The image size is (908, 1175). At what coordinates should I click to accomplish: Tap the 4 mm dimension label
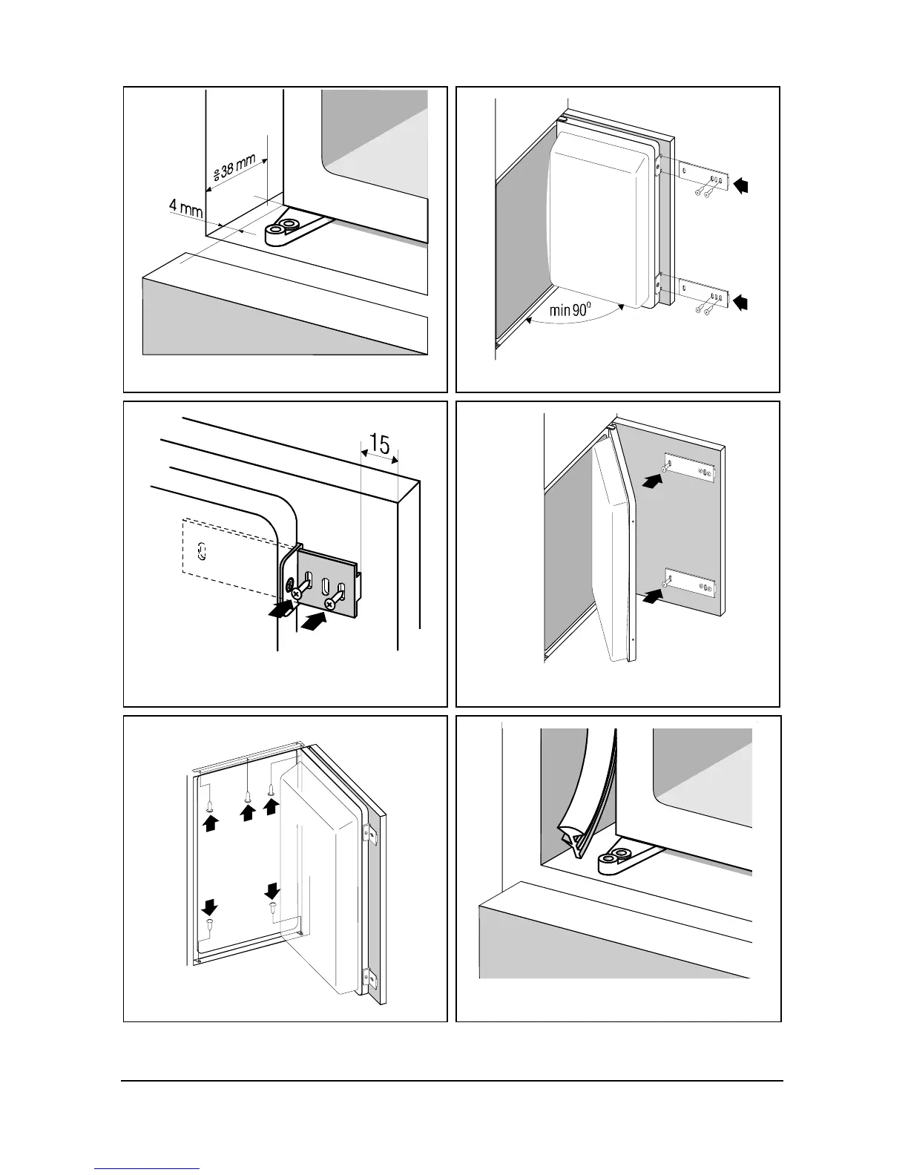tap(185, 206)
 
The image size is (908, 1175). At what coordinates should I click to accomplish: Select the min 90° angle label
tap(570, 309)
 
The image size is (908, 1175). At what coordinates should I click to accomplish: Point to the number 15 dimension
tap(379, 445)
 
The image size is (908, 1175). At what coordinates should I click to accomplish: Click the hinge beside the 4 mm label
tap(286, 228)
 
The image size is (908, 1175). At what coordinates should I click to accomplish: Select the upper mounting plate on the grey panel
tap(690, 468)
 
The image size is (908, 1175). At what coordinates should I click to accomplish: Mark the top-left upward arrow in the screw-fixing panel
tap(211, 822)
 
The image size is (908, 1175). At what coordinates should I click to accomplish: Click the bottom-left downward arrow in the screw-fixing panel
tap(210, 907)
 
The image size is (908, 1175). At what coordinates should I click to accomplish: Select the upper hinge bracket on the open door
tap(366, 834)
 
